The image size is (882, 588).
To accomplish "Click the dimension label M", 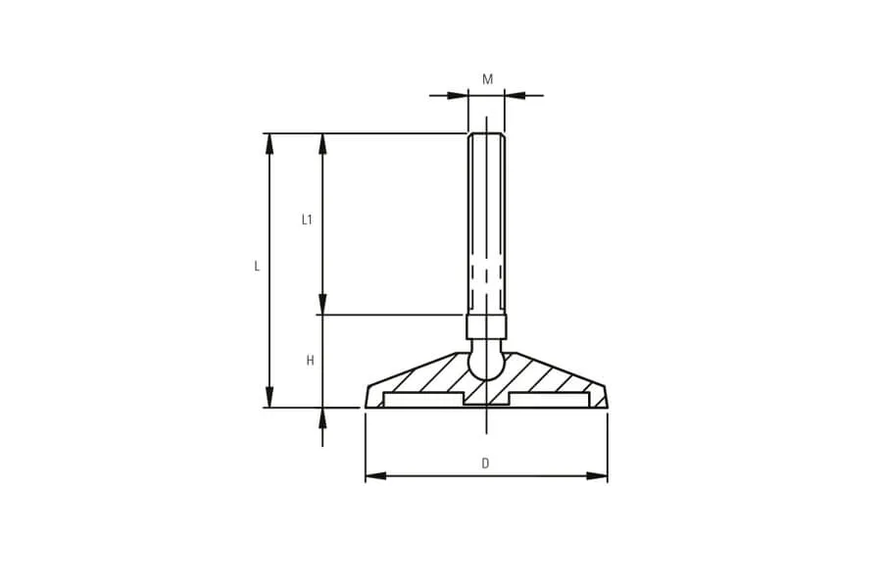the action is (488, 79).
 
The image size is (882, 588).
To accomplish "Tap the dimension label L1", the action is (307, 220).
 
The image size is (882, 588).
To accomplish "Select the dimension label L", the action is (257, 267).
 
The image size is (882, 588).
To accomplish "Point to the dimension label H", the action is (310, 361).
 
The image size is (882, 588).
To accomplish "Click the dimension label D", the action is (485, 464).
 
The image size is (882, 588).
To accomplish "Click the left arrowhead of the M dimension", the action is (458, 96).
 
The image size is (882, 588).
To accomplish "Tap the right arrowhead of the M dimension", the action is (514, 96).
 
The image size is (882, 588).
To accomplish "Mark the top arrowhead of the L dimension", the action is (269, 144).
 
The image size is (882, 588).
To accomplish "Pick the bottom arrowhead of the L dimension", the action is (269, 397).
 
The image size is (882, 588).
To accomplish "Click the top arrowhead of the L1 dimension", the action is (322, 144).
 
